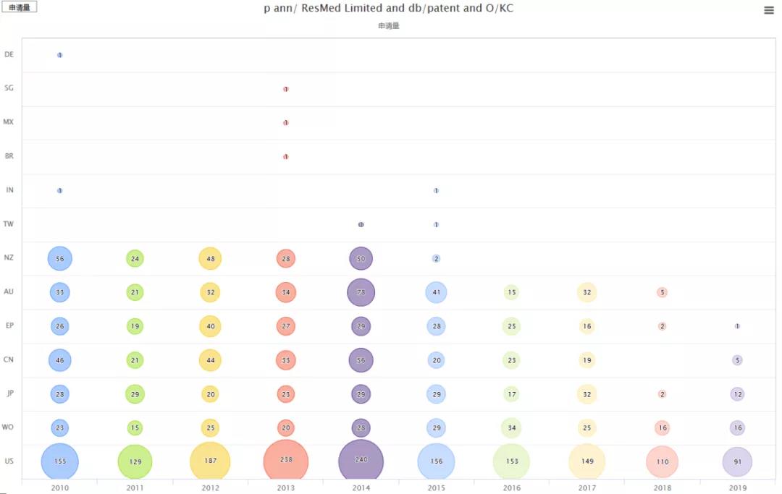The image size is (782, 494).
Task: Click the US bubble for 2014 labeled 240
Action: pos(361,460)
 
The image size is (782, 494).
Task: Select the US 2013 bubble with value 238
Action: pos(286,460)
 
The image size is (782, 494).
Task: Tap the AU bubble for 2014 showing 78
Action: pos(361,292)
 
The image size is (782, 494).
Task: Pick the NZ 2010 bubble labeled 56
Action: pos(60,258)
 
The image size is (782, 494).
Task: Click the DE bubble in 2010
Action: pos(60,55)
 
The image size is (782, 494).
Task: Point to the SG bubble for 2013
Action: pos(286,89)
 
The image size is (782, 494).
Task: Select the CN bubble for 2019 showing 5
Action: pos(737,360)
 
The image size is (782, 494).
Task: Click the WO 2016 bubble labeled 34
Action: pos(511,428)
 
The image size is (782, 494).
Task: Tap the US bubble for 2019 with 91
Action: pos(737,461)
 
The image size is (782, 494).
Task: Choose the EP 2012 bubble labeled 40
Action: pos(210,326)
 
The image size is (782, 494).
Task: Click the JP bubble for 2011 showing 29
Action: pos(135,394)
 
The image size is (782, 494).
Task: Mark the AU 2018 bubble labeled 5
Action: pos(662,292)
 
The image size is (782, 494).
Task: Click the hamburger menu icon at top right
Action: pos(769,10)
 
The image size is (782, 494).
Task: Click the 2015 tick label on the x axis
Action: pos(436,488)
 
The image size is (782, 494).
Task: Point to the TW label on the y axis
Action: pos(9,224)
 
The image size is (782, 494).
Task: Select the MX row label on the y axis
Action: pos(9,122)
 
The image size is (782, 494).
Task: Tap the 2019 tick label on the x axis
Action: pos(737,488)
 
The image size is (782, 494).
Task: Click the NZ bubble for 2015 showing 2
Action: pos(436,258)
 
